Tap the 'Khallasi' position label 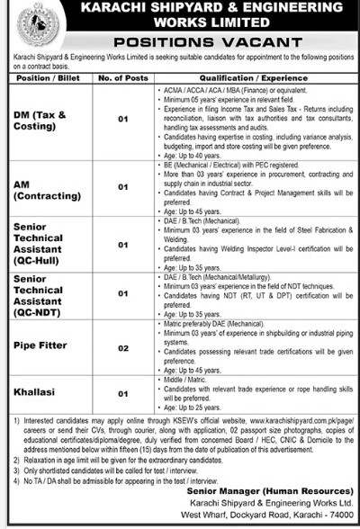(x=36, y=393)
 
